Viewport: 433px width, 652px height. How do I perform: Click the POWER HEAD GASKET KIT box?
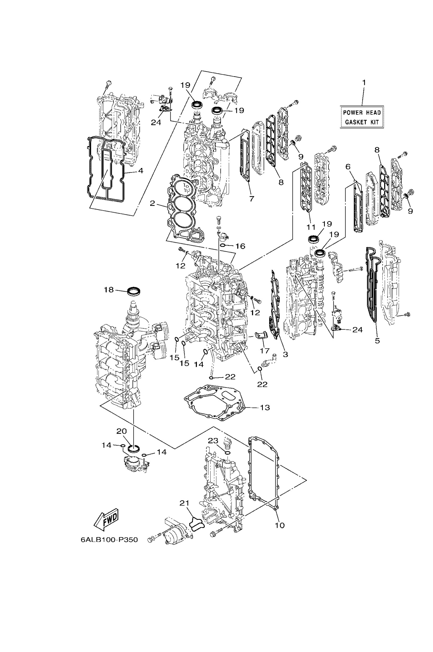pos(362,117)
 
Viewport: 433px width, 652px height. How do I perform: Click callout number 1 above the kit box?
pos(364,82)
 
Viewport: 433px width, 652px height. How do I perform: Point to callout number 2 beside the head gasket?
pos(152,203)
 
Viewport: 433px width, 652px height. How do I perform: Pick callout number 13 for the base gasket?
pos(264,408)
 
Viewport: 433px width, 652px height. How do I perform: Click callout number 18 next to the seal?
pos(109,290)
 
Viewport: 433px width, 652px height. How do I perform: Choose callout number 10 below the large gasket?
pos(279,525)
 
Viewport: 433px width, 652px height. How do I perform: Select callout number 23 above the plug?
pos(213,440)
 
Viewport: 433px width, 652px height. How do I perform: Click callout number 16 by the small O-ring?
pos(241,246)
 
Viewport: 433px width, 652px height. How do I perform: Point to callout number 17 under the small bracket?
pos(264,351)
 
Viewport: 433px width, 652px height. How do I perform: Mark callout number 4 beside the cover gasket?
pos(140,171)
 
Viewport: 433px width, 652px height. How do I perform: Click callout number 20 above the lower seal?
pos(122,432)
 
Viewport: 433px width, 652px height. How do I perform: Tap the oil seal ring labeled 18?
pos(134,291)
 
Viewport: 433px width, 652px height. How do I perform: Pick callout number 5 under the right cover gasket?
pos(377,341)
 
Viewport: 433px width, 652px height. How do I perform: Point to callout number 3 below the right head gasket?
pos(285,354)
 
